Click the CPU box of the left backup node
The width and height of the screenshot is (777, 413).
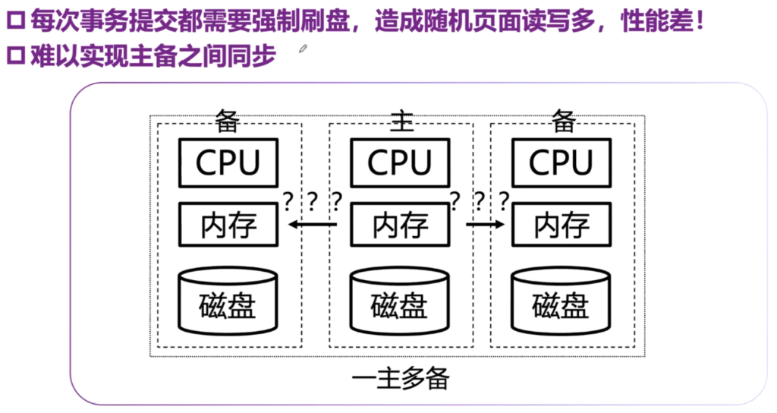(228, 162)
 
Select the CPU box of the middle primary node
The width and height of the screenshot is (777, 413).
(400, 162)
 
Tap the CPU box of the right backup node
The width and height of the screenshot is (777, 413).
(562, 162)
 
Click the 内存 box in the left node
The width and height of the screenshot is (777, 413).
(228, 224)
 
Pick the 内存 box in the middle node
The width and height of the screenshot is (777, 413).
(400, 224)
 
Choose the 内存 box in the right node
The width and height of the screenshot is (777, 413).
(562, 224)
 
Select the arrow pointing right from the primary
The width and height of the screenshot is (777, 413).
(485, 224)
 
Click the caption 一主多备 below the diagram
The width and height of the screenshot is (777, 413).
(401, 377)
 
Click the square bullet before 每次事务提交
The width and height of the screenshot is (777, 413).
(14, 21)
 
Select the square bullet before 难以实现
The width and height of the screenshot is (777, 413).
(14, 56)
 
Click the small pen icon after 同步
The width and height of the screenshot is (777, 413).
(304, 49)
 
